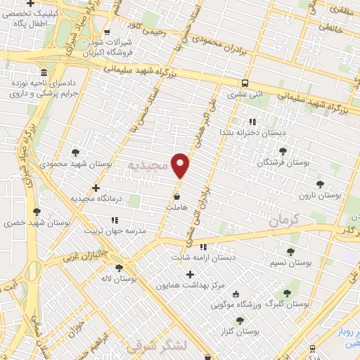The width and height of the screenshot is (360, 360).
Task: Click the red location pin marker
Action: (181, 165)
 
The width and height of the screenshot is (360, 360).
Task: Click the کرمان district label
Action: (284, 220)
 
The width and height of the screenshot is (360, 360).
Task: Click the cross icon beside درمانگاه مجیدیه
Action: (96, 188)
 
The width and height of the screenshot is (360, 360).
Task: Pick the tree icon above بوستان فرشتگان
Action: (282, 151)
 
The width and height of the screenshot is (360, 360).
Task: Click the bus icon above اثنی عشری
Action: (245, 82)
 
